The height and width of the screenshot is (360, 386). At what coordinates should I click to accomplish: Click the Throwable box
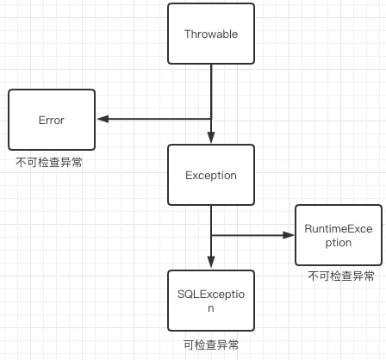coord(211,34)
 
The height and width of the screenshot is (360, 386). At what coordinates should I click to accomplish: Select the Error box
coord(52,121)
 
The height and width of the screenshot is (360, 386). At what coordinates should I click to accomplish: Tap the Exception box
coord(211,175)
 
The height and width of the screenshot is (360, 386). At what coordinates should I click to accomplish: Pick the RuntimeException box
coord(339,235)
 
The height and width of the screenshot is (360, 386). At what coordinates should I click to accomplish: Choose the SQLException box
coord(211,300)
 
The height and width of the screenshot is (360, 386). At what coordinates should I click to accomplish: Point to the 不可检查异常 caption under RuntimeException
coord(340,276)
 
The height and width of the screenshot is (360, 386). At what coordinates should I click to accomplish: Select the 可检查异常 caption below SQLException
coord(211,344)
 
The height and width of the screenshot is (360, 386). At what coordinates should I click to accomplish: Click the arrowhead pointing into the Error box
coord(102,120)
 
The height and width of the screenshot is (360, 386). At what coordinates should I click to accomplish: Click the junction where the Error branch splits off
coord(211,120)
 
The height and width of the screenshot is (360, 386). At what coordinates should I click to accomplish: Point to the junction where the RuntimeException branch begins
coord(211,234)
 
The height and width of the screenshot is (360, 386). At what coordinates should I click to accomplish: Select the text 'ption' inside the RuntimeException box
coord(339,243)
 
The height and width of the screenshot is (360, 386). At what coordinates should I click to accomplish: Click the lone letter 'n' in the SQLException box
coord(211,307)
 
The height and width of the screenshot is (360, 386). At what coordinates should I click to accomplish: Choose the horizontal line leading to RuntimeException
coord(250,234)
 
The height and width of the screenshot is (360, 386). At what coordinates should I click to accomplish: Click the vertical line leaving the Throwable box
coord(211,90)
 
